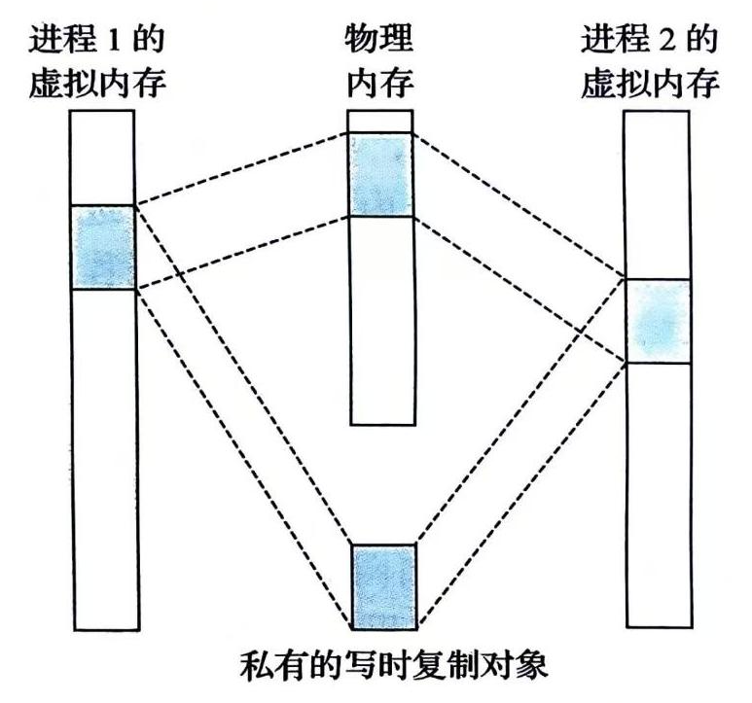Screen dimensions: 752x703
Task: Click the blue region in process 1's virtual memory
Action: (x=102, y=247)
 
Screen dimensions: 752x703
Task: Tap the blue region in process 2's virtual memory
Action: (x=658, y=322)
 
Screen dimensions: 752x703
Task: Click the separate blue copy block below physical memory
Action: (x=383, y=586)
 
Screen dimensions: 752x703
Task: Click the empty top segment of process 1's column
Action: (x=102, y=158)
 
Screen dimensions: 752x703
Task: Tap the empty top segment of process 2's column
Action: (x=658, y=194)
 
